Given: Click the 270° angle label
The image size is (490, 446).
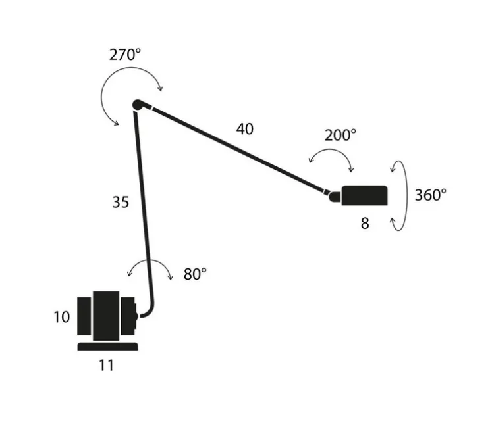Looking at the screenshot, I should click(x=125, y=55).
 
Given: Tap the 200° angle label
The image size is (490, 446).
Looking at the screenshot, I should click(x=340, y=136).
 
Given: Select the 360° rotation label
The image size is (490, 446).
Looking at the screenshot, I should click(x=430, y=195).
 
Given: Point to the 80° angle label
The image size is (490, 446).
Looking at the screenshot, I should click(x=195, y=274).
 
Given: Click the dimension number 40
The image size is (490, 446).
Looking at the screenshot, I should click(x=244, y=129).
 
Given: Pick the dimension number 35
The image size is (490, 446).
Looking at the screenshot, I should click(x=120, y=203).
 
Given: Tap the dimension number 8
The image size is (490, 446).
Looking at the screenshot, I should click(x=364, y=224).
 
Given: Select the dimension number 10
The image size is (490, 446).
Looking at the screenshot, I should click(x=61, y=317).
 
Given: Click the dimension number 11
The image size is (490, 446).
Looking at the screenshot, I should click(x=106, y=365).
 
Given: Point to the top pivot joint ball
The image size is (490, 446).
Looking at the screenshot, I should click(x=138, y=104).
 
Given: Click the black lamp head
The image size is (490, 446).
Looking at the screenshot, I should click(x=364, y=195).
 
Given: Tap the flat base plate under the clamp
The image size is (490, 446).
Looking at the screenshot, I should click(x=108, y=347).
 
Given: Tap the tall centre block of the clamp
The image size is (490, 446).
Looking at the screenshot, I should click(x=106, y=315).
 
